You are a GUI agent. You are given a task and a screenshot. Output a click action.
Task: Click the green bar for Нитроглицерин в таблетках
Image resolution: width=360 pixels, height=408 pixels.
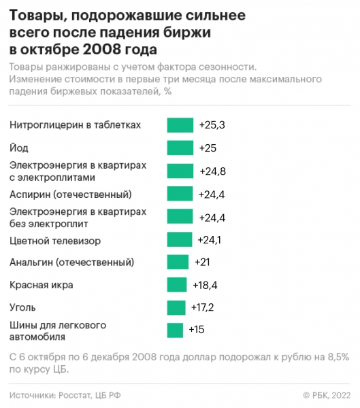(x=180, y=125)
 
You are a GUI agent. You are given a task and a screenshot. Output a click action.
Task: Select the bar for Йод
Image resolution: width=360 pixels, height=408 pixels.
(x=180, y=148)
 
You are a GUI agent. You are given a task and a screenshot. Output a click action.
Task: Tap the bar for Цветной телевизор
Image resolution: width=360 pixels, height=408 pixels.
(x=180, y=239)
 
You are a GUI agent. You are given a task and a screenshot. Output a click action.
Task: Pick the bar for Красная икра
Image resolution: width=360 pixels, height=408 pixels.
(x=177, y=285)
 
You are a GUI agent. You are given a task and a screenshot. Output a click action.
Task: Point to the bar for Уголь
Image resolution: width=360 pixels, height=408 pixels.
(x=176, y=307)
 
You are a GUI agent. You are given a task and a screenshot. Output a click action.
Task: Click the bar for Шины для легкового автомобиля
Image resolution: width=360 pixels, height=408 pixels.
(x=175, y=330)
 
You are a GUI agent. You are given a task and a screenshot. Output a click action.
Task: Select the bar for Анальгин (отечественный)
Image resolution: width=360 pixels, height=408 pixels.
(x=178, y=262)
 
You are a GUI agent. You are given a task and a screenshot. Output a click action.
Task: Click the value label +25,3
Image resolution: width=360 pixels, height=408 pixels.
(x=212, y=125)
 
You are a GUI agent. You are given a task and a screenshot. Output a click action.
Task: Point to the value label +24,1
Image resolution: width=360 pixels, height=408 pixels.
(x=210, y=239)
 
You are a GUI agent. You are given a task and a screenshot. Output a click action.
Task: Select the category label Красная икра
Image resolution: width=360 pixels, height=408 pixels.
(x=42, y=284)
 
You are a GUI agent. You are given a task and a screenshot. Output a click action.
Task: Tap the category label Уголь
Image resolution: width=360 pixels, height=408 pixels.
(x=24, y=307)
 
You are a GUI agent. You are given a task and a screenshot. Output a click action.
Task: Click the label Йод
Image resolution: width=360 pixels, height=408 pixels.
(x=20, y=148)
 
